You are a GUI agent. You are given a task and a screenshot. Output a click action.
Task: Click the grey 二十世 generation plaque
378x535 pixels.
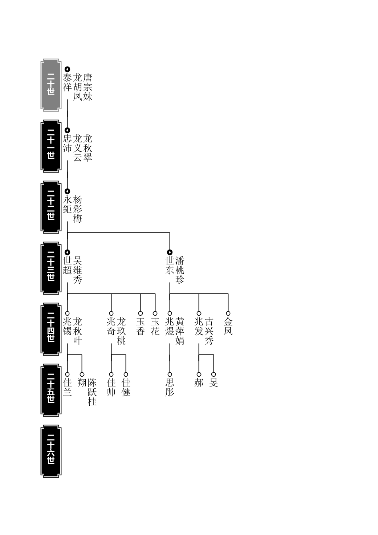[51, 85]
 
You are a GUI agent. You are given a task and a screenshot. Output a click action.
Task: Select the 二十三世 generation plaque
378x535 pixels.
[51, 268]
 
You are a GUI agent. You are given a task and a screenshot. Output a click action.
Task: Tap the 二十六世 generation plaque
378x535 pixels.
[51, 451]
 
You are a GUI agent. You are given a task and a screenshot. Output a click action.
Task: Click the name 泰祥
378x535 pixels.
[67, 82]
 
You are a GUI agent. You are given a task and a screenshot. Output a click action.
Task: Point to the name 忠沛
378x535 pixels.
[67, 143]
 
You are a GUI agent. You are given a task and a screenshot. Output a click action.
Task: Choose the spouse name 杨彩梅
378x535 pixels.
[78, 209]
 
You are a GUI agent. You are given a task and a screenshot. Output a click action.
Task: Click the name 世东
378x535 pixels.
[170, 266]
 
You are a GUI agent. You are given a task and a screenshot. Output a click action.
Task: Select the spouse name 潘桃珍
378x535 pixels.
[180, 270]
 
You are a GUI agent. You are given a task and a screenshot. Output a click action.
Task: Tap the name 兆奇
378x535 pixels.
[111, 326]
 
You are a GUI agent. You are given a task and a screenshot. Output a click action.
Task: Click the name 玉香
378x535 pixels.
[141, 326]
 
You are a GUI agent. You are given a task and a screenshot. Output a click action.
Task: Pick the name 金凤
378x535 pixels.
[228, 326]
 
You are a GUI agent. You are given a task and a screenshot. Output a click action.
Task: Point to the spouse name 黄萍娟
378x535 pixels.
[180, 331]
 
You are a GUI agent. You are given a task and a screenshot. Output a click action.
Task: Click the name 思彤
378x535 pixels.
[170, 387]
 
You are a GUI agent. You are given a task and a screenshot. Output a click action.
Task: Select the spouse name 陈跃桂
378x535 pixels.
[92, 392]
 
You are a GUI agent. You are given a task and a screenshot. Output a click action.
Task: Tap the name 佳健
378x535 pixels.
[126, 387]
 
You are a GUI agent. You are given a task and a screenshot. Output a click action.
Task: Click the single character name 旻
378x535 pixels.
[214, 382]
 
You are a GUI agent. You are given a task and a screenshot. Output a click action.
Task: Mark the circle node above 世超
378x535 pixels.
[67, 252]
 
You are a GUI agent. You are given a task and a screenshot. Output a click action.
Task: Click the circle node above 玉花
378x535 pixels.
[155, 313]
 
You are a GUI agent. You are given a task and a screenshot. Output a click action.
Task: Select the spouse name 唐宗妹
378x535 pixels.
[88, 87]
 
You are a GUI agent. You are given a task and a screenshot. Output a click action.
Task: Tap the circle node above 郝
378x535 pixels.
[199, 374]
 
